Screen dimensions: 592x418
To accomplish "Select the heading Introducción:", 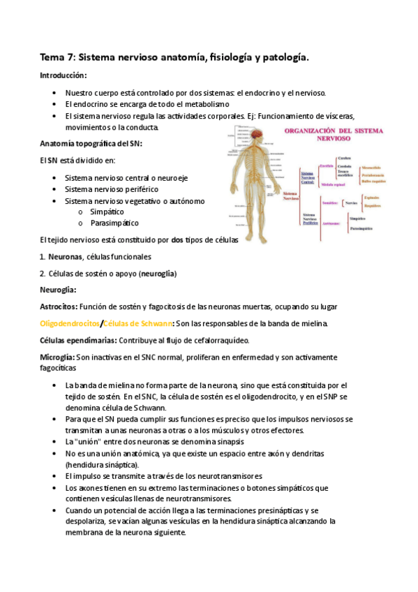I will point(64,75).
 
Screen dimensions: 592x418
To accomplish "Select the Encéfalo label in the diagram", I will point(326,165).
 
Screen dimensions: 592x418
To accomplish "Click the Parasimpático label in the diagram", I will point(361,229).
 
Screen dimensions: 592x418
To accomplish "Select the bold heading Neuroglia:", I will point(58,290).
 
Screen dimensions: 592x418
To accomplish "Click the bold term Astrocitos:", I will point(59,306).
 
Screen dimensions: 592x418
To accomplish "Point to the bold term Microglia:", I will point(57,357).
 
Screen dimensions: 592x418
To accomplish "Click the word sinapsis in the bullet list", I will point(227,442).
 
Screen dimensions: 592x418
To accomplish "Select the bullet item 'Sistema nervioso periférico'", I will point(111,189).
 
